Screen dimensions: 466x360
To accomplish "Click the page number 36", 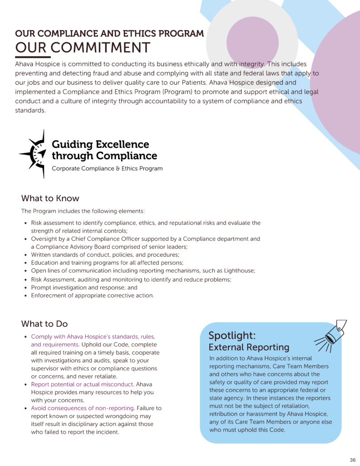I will tap(353, 460).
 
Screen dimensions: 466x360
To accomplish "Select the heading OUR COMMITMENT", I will tap(82, 47).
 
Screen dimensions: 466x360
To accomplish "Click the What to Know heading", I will tap(50, 198).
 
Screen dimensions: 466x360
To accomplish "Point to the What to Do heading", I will tap(44, 324).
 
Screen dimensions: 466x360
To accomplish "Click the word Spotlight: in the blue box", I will tap(232, 335).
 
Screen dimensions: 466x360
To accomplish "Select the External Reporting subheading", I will tap(248, 347).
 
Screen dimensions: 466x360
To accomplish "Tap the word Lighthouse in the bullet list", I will tap(239, 271).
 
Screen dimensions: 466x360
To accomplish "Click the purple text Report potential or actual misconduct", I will tap(82, 385).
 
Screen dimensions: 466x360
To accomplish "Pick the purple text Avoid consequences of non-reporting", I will tap(83, 408).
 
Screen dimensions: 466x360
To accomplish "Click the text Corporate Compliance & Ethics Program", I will tap(107, 168).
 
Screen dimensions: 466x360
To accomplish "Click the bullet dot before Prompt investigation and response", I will tap(25, 288).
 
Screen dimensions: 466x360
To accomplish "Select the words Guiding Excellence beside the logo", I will tap(101, 144).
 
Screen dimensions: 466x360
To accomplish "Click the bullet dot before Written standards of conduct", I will tap(25, 255).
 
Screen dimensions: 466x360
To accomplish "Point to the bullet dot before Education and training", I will tap(25, 263).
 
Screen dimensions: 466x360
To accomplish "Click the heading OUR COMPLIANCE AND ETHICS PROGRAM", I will tap(109, 34).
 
